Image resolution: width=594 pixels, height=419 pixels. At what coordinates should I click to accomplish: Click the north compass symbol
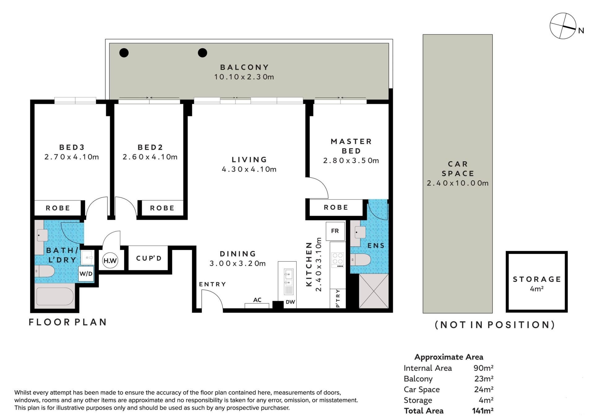click(563, 26)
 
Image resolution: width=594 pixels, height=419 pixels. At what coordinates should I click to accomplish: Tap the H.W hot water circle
click(110, 260)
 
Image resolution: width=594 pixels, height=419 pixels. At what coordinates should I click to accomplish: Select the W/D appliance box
click(86, 273)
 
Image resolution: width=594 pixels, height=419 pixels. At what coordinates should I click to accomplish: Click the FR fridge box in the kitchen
click(335, 231)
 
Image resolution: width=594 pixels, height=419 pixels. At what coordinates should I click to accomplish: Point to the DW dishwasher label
click(290, 302)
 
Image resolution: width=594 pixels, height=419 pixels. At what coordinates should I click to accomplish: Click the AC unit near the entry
click(257, 305)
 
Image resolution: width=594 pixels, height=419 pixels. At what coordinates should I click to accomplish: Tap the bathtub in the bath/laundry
click(55, 297)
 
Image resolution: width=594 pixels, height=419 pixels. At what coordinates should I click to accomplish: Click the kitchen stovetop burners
click(337, 260)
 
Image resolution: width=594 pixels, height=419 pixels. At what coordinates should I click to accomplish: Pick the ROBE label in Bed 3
click(58, 208)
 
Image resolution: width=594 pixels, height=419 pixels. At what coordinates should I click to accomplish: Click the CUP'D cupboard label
click(149, 258)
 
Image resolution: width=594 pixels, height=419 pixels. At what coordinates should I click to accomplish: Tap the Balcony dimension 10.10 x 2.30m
click(244, 77)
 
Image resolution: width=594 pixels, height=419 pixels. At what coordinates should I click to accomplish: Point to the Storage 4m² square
click(537, 282)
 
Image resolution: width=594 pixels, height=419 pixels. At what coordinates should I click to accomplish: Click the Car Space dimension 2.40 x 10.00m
click(458, 183)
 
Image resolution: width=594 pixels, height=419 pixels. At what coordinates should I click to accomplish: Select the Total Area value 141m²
click(483, 411)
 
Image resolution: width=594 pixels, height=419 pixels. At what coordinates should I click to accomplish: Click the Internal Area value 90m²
click(483, 368)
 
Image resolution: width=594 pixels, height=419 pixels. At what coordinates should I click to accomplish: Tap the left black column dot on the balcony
click(124, 53)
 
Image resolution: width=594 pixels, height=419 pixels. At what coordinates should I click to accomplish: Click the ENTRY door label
click(212, 284)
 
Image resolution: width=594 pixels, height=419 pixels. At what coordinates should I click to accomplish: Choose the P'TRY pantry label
click(338, 298)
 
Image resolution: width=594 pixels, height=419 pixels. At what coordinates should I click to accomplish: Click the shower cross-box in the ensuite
click(373, 291)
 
